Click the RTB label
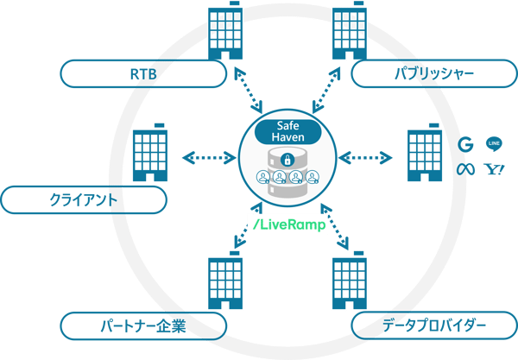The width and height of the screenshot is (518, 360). tap(137, 75)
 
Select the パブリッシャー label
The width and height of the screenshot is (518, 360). tap(433, 75)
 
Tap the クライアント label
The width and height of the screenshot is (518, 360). tap(84, 200)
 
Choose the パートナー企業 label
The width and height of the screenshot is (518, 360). tap(142, 326)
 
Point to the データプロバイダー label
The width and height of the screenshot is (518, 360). tap(435, 326)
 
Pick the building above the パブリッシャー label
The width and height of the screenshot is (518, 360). tap(349, 34)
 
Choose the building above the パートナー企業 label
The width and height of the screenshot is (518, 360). tap(224, 284)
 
